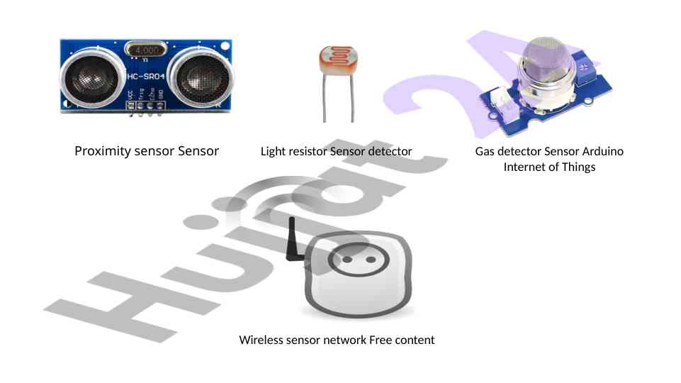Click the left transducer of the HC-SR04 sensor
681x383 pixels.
point(92,77)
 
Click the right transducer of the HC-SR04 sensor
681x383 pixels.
point(201,77)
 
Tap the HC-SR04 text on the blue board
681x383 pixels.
point(146,77)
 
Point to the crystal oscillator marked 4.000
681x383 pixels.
point(145,50)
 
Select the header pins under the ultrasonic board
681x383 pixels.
point(145,109)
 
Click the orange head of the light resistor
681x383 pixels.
point(338,60)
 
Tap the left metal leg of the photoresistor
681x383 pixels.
point(325,97)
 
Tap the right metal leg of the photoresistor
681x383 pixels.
point(351,97)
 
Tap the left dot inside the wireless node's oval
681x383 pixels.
point(347,260)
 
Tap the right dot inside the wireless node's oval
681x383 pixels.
point(371,260)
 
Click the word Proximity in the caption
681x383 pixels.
point(103,151)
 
